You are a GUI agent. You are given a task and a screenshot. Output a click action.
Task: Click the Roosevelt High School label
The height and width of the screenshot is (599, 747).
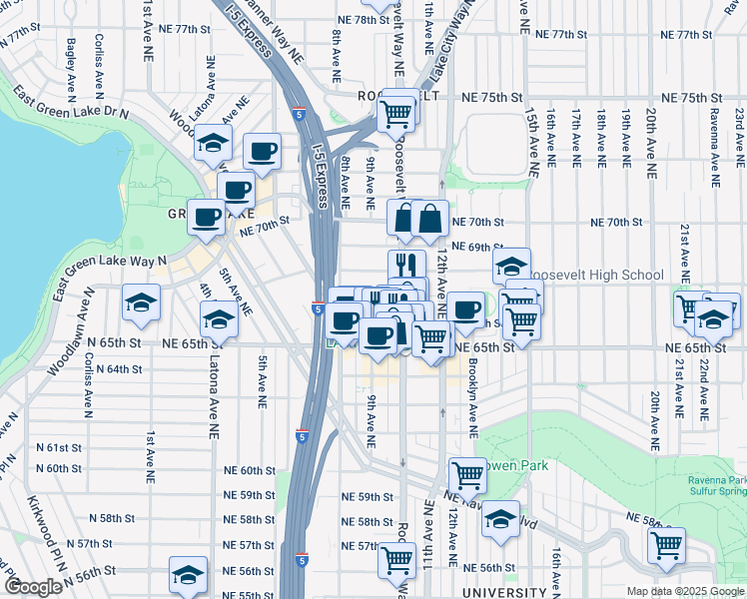pyautogui.click(x=597, y=276)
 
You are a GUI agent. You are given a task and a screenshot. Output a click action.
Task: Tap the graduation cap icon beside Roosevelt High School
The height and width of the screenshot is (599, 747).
pyautogui.click(x=511, y=267)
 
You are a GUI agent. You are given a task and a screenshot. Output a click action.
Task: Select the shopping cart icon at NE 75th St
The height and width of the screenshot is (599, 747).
pyautogui.click(x=397, y=114)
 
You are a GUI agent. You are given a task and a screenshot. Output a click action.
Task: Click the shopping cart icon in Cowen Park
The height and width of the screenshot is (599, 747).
pyautogui.click(x=466, y=475)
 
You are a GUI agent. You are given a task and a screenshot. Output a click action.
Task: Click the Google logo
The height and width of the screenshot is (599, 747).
pyautogui.click(x=34, y=587)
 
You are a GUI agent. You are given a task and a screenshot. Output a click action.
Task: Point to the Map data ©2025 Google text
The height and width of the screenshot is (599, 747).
pyautogui.click(x=684, y=591)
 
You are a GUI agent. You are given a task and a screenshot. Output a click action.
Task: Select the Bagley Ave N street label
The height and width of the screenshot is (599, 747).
pyautogui.click(x=72, y=69)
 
